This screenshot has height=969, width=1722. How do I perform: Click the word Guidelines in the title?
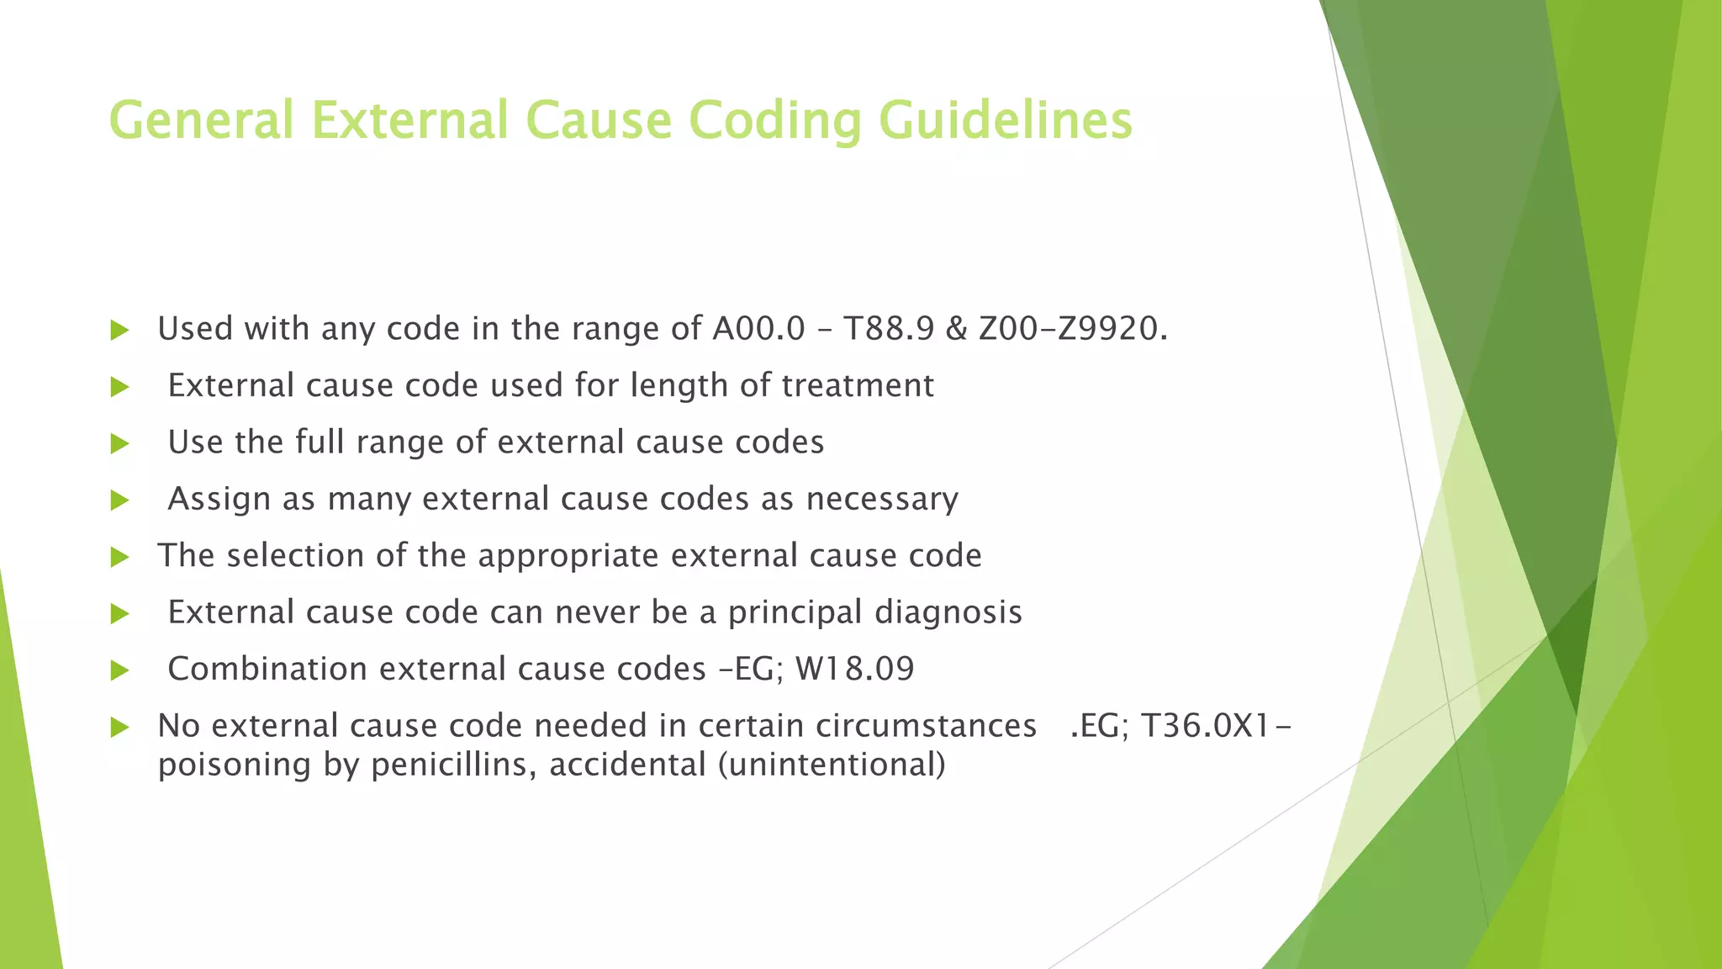(x=1006, y=120)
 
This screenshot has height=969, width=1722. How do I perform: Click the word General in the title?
(x=201, y=120)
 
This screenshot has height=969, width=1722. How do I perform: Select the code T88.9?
(x=888, y=329)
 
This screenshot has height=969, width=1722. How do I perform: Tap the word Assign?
(x=219, y=500)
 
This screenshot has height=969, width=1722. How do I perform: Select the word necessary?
(x=882, y=500)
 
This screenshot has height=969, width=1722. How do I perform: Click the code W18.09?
(x=854, y=670)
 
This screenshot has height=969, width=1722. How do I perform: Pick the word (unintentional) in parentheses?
(x=832, y=765)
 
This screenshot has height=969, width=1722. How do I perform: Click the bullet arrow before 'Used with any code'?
(x=119, y=331)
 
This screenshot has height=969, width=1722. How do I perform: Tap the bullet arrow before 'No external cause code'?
(x=119, y=728)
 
